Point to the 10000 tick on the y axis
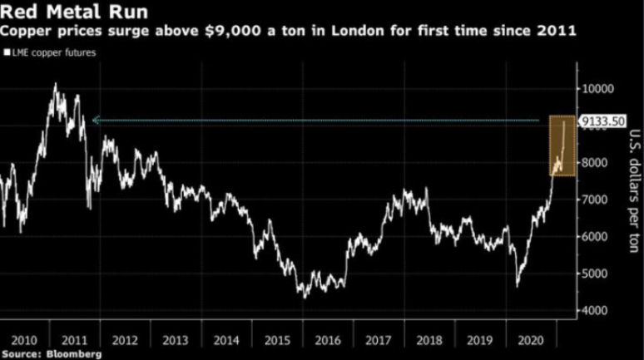coord(597,89)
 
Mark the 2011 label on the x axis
coord(75,341)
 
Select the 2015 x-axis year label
coord(278,341)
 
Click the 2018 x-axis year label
coord(429,341)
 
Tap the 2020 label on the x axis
coord(531,341)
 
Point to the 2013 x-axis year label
coord(176,341)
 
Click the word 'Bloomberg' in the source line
coord(74,354)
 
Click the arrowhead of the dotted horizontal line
coord(96,121)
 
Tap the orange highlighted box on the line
coord(560,145)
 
